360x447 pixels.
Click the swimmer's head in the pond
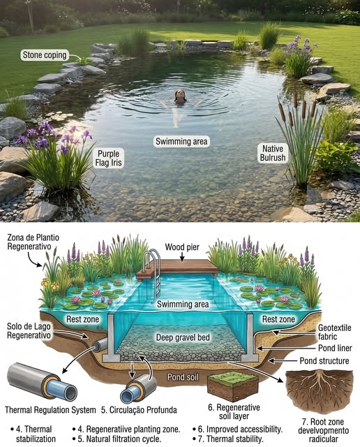coord(180,95)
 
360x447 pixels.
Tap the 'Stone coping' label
coord(45,55)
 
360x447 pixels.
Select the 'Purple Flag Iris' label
coord(108,158)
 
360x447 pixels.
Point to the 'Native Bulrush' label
coord(273,153)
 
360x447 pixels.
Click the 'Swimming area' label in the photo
coord(181,141)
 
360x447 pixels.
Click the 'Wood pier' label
coord(182,247)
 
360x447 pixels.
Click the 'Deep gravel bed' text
coord(183,337)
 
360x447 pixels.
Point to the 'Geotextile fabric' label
coord(335,332)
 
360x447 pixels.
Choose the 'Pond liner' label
coord(335,348)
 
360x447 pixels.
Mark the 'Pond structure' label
coord(324,361)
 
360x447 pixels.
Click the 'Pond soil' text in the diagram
coord(183,377)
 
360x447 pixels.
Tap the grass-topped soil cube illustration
coord(233,386)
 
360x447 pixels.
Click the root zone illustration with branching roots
coord(319,391)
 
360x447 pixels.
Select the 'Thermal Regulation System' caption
coord(50,410)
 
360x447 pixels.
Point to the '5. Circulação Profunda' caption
coord(139,410)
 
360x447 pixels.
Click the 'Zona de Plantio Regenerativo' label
coord(33,242)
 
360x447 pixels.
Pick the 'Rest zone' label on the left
coord(82,319)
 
